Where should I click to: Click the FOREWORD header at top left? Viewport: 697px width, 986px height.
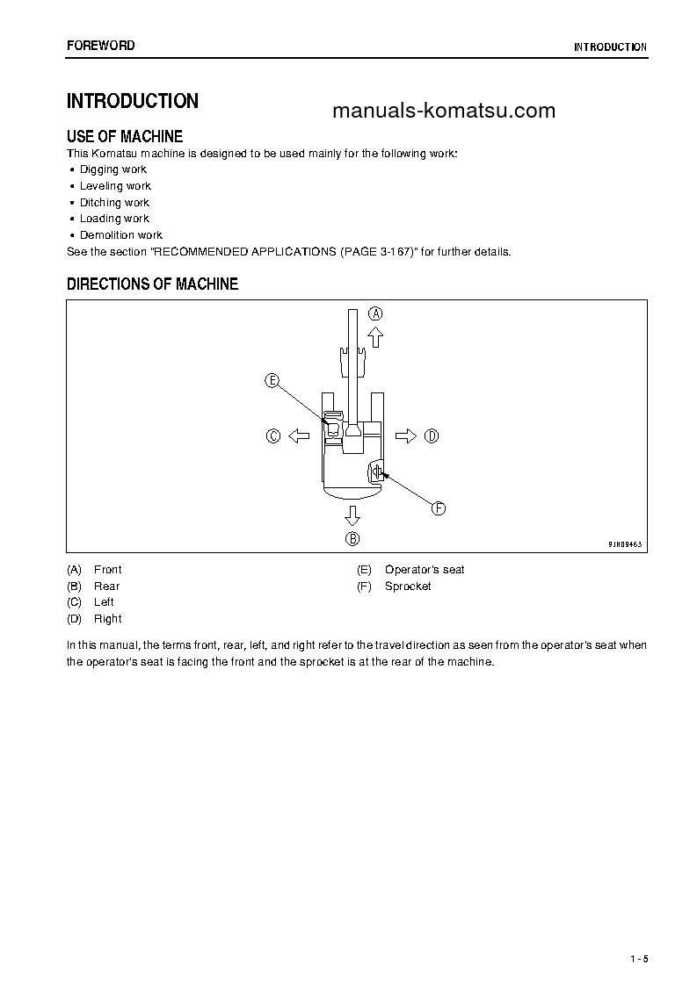click(x=101, y=45)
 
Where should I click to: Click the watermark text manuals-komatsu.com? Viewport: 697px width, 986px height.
click(x=444, y=111)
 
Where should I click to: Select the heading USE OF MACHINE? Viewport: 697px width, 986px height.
click(x=125, y=136)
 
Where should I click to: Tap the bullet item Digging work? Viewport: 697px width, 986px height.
click(x=113, y=169)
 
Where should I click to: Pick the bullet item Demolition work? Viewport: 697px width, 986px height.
click(x=121, y=235)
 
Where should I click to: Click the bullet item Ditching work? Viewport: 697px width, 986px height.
click(x=114, y=203)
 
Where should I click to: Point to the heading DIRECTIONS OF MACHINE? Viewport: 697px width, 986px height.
click(x=152, y=284)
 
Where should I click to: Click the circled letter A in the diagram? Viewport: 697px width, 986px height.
click(x=375, y=313)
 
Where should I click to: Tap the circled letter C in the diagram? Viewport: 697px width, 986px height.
click(x=273, y=435)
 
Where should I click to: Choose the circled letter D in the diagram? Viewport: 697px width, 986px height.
click(x=431, y=435)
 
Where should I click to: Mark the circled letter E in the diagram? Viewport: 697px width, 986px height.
click(x=272, y=380)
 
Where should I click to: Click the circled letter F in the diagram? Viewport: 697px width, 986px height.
click(x=438, y=507)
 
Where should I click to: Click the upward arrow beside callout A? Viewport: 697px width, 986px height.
click(x=375, y=336)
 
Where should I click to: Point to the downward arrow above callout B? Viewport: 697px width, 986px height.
click(x=352, y=515)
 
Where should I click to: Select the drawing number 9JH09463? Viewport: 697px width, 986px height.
click(x=625, y=544)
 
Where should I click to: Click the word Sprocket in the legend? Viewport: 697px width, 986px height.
click(x=408, y=587)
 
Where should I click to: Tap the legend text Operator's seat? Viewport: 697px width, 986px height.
click(x=425, y=570)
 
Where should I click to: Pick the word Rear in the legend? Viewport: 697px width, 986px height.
click(x=106, y=587)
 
